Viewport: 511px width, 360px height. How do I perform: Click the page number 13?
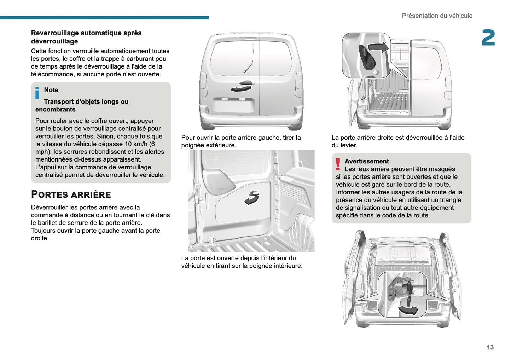tap(490, 347)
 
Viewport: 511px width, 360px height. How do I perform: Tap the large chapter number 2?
tap(488, 38)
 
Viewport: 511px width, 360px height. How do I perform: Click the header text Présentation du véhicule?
tap(437, 16)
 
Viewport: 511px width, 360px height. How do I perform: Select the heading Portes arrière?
tap(71, 194)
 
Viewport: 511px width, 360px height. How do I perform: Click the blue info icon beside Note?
tap(37, 93)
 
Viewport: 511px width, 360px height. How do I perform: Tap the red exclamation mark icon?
tap(338, 164)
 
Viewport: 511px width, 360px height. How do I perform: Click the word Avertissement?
tap(366, 161)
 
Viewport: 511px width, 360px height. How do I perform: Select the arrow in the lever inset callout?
tap(378, 47)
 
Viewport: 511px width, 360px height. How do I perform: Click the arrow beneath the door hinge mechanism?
tap(408, 310)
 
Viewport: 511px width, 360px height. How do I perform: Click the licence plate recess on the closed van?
tap(233, 106)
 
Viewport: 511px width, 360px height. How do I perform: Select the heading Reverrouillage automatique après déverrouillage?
tap(86, 37)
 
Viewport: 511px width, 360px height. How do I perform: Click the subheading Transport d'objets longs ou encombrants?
tap(82, 105)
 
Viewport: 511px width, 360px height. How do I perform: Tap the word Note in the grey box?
tap(51, 90)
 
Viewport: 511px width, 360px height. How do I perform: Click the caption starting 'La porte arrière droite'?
tap(397, 141)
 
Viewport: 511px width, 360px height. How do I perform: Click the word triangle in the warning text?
tap(450, 200)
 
